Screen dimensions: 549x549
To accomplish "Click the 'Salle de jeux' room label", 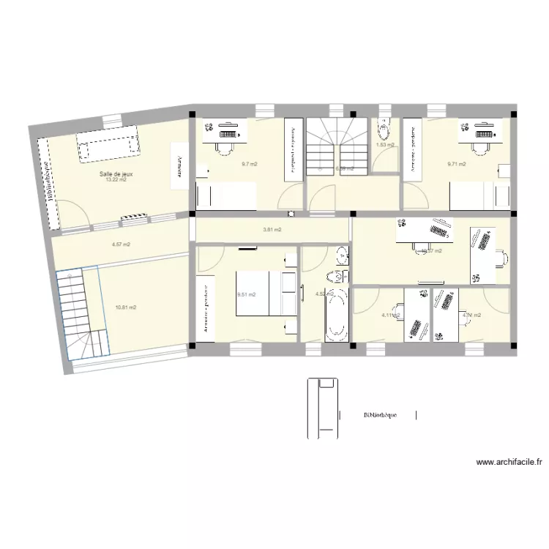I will (x=116, y=173).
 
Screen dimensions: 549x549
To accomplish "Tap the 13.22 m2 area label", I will (x=116, y=180).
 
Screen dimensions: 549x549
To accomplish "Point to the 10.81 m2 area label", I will (x=125, y=308).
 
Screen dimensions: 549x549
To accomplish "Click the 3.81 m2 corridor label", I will (x=272, y=230).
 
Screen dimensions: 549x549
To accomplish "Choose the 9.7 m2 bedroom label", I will (x=249, y=164).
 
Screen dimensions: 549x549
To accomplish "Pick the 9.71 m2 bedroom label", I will (x=457, y=164).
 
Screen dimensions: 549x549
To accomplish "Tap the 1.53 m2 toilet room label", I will (x=385, y=145).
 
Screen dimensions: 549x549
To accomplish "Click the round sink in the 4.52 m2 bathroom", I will (x=338, y=255).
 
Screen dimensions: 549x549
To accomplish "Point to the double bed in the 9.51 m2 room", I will (x=265, y=294).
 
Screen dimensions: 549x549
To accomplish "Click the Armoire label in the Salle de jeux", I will (x=177, y=162).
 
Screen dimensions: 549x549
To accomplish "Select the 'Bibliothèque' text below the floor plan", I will (x=380, y=415).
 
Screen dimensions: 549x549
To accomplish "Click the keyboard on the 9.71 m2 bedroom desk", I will (x=484, y=135).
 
